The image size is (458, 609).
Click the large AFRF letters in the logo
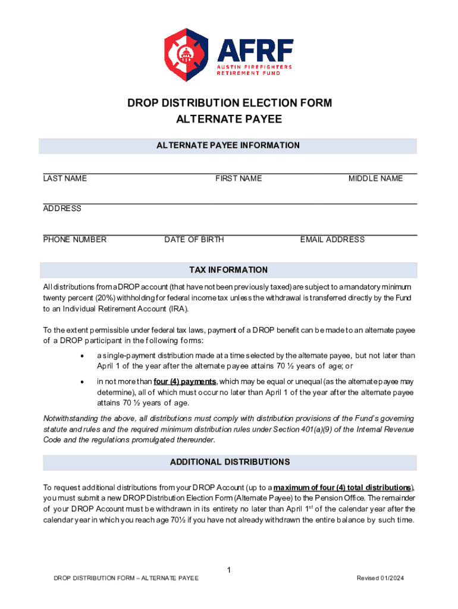click(255, 49)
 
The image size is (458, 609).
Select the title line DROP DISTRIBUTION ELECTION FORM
click(229, 103)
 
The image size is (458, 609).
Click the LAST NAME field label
click(65, 178)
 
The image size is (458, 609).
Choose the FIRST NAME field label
click(239, 178)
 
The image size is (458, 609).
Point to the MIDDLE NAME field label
click(375, 178)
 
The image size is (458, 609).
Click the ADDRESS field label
click(62, 209)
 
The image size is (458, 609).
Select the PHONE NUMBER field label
click(75, 240)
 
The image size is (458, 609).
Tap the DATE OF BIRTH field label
click(194, 240)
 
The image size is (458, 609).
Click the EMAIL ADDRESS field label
click(332, 240)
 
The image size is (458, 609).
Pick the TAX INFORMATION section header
click(229, 270)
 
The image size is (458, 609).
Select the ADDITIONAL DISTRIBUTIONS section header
click(229, 462)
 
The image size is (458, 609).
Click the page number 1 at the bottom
click(229, 571)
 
